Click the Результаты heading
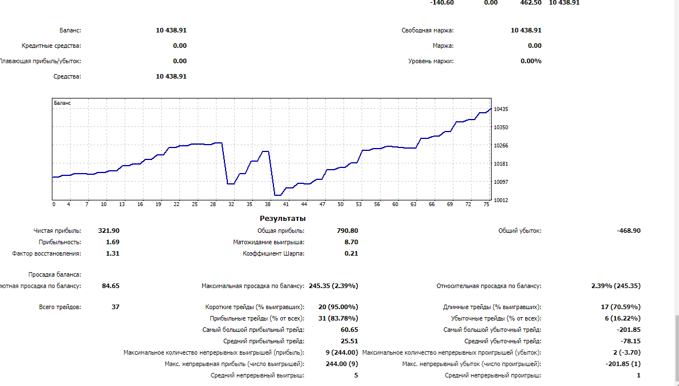283,218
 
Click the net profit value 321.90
109,231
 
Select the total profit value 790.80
347,231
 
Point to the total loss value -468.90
628,231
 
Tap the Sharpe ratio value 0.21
351,253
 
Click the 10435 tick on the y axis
501,109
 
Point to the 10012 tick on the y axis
501,200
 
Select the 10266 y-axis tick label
501,146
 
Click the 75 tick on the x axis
486,204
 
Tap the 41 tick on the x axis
286,204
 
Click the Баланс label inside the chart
63,103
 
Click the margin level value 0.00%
531,61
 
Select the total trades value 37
116,307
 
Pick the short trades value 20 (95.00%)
338,307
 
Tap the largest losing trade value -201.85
628,330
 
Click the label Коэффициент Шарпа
273,253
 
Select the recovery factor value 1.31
113,253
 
